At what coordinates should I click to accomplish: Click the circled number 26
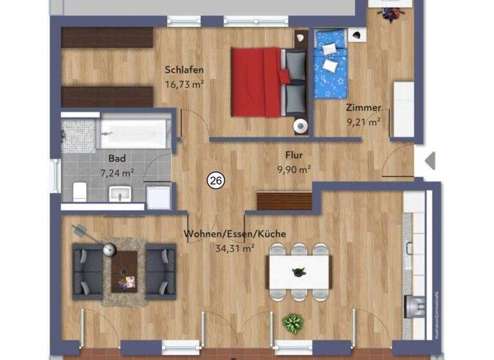coord(215,182)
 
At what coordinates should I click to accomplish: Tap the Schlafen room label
coord(185,70)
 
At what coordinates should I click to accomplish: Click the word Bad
coord(116,158)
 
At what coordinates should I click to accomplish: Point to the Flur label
coord(294,155)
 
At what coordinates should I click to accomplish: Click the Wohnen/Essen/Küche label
coord(235,234)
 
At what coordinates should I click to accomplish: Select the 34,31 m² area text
coord(235,247)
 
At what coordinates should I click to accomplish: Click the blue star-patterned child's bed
coord(330,64)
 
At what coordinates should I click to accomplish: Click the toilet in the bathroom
coord(80,190)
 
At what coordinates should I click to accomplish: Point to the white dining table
coord(298,272)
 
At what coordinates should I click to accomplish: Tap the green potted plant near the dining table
coord(293,323)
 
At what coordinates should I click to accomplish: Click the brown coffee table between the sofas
coord(123,270)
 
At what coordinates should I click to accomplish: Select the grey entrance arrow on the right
coord(430,160)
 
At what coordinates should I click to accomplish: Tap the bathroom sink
coord(121,193)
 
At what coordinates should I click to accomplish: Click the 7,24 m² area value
coord(116,172)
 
